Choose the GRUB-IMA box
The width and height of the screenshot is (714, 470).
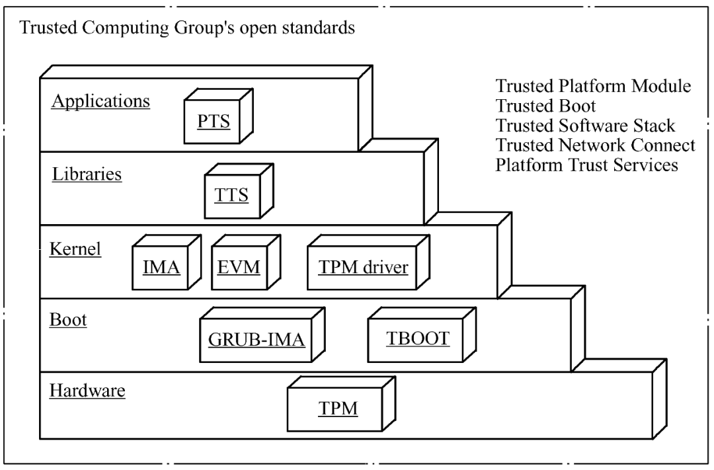255,340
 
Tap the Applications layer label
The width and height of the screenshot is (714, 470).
100,102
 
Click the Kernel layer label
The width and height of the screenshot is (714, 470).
75,250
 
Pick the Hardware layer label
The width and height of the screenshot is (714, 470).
87,391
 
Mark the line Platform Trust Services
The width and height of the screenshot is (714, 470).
586,165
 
